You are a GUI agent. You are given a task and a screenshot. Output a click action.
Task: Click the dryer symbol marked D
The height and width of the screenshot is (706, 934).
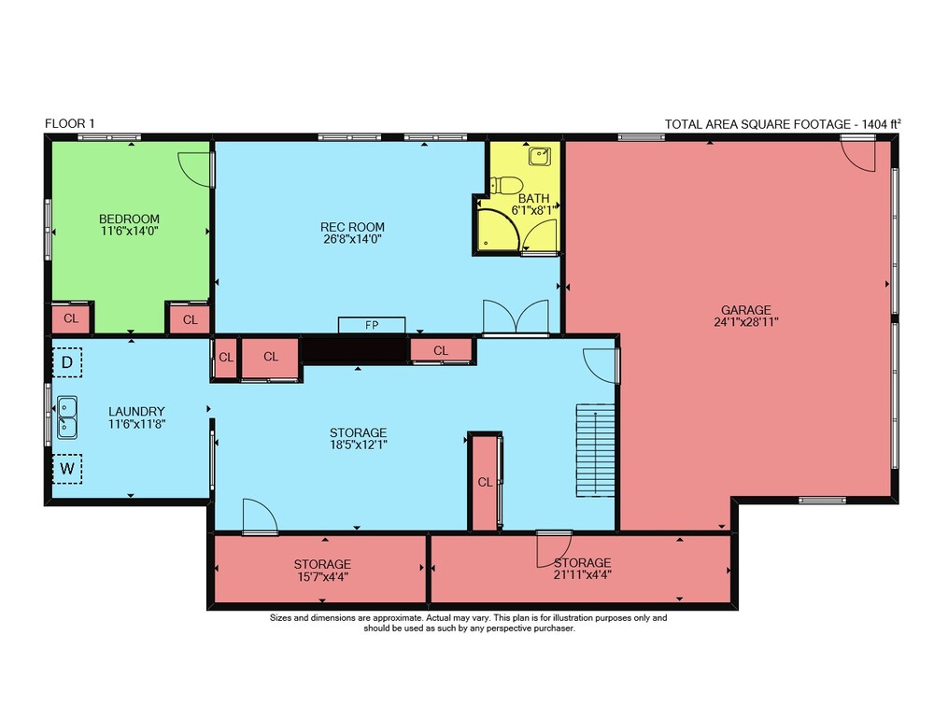(x=67, y=361)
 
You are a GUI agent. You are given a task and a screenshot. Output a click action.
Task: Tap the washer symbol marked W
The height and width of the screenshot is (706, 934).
(x=67, y=468)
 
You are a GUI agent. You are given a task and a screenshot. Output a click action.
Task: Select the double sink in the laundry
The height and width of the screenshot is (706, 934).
(x=66, y=417)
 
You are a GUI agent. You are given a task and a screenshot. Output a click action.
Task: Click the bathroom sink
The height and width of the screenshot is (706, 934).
(x=540, y=156)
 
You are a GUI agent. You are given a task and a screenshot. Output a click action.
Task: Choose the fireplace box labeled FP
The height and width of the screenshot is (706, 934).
(x=372, y=325)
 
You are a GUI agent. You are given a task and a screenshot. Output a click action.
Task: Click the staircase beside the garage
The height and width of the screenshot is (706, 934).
(x=595, y=450)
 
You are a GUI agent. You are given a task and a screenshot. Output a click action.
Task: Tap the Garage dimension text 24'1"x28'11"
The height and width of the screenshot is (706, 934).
(x=746, y=322)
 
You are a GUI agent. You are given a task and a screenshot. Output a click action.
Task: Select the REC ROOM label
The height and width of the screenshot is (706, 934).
(x=353, y=227)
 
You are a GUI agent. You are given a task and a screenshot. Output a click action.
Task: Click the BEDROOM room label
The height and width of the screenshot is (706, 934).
(x=129, y=219)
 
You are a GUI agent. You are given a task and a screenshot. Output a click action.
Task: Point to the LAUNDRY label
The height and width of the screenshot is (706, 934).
(x=136, y=412)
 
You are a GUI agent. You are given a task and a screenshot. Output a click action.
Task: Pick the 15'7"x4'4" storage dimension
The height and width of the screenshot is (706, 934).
(x=322, y=577)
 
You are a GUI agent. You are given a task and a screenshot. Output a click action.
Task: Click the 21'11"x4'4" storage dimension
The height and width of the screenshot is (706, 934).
(x=583, y=575)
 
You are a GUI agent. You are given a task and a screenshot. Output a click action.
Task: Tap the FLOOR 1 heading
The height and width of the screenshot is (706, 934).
(x=70, y=124)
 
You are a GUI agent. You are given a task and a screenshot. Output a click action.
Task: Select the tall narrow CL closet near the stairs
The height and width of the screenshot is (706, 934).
(x=485, y=481)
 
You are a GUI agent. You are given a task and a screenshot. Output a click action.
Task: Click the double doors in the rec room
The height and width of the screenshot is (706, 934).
(x=516, y=317)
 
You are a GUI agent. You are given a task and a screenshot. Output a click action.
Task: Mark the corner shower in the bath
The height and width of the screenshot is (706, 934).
(x=498, y=230)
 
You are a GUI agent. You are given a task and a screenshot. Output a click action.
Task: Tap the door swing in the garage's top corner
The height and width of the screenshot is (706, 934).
(x=858, y=155)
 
